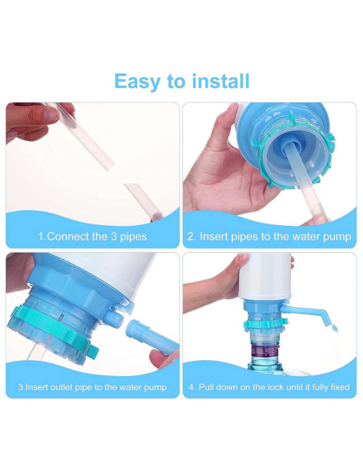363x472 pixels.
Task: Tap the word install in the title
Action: click(221, 81)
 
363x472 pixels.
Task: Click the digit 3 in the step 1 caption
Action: click(114, 236)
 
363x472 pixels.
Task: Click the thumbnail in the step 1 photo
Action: click(49, 115)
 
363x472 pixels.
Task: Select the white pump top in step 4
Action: click(265, 277)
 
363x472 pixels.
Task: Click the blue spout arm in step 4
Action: click(304, 313)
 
